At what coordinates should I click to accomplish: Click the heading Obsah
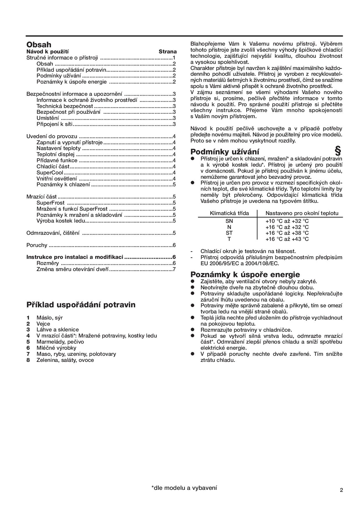(39, 44)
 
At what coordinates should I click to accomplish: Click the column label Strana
(168, 52)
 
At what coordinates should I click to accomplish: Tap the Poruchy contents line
(37, 245)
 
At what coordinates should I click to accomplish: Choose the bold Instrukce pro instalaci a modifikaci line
(75, 257)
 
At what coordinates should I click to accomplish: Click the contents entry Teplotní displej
(55, 154)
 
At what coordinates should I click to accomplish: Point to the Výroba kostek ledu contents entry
(61, 221)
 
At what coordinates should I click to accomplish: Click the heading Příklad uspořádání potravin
(81, 305)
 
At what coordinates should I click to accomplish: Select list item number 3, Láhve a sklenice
(57, 330)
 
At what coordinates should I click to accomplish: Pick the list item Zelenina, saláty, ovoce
(65, 360)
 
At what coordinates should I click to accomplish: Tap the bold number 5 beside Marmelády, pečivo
(28, 342)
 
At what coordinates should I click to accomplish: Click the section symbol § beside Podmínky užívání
(338, 151)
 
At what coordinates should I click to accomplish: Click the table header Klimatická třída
(229, 213)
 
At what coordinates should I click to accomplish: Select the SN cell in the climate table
(229, 221)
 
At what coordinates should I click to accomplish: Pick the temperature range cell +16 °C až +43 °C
(287, 239)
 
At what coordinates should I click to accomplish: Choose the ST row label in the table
(229, 233)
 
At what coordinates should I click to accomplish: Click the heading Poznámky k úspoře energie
(245, 274)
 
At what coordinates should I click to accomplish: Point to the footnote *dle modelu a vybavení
(184, 488)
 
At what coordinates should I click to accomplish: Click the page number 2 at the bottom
(341, 490)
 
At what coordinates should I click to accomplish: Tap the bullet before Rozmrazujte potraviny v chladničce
(192, 330)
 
